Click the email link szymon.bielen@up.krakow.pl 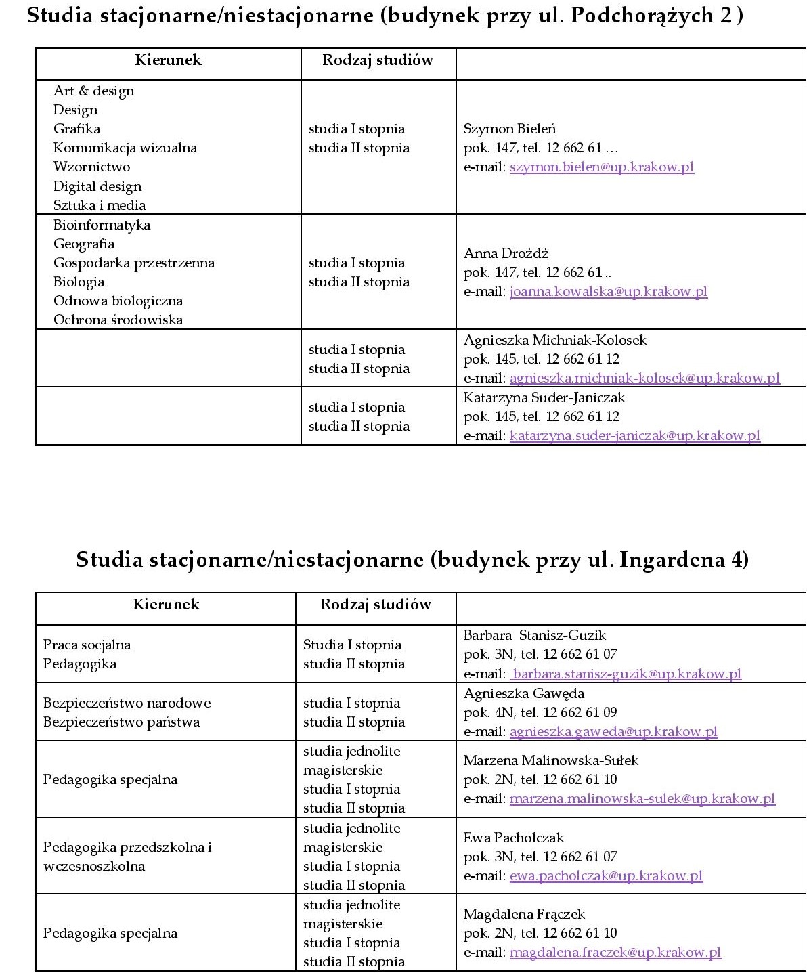click(x=601, y=167)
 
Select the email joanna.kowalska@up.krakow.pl click(x=608, y=292)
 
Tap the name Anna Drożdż click(x=506, y=253)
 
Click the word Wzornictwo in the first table click(x=91, y=167)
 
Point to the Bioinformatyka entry click(x=102, y=225)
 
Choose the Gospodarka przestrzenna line click(x=133, y=263)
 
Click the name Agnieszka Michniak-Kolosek click(x=554, y=340)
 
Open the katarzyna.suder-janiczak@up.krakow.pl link click(x=634, y=436)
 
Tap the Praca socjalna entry click(x=87, y=645)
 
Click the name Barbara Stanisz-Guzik click(x=534, y=635)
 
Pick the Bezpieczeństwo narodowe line click(x=127, y=703)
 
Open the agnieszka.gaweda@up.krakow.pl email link click(x=613, y=731)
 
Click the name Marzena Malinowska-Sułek click(x=550, y=760)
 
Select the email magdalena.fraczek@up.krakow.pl click(x=615, y=953)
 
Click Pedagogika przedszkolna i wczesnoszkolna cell click(x=127, y=857)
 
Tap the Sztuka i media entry click(x=100, y=205)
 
